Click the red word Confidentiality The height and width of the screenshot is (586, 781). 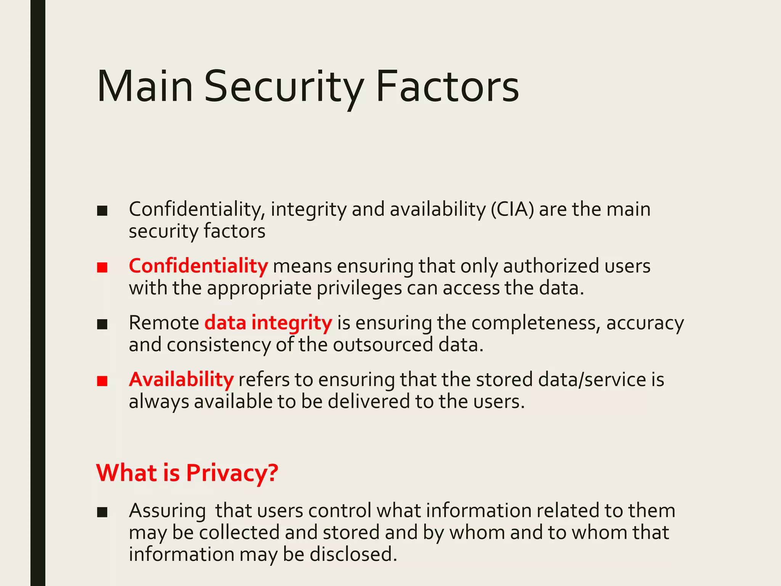click(198, 266)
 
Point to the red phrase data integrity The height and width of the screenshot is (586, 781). click(268, 323)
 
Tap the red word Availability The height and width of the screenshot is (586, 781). click(181, 380)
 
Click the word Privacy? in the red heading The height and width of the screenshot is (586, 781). click(232, 473)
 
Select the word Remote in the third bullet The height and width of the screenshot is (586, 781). click(164, 323)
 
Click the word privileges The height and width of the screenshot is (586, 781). click(359, 288)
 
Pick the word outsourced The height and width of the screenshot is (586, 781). click(383, 345)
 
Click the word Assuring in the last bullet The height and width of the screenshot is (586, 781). click(167, 511)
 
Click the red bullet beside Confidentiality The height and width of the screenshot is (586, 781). click(102, 267)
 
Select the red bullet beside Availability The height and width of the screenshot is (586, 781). click(102, 381)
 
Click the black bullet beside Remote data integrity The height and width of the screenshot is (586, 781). click(102, 324)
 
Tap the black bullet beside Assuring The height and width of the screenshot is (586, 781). click(102, 512)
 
